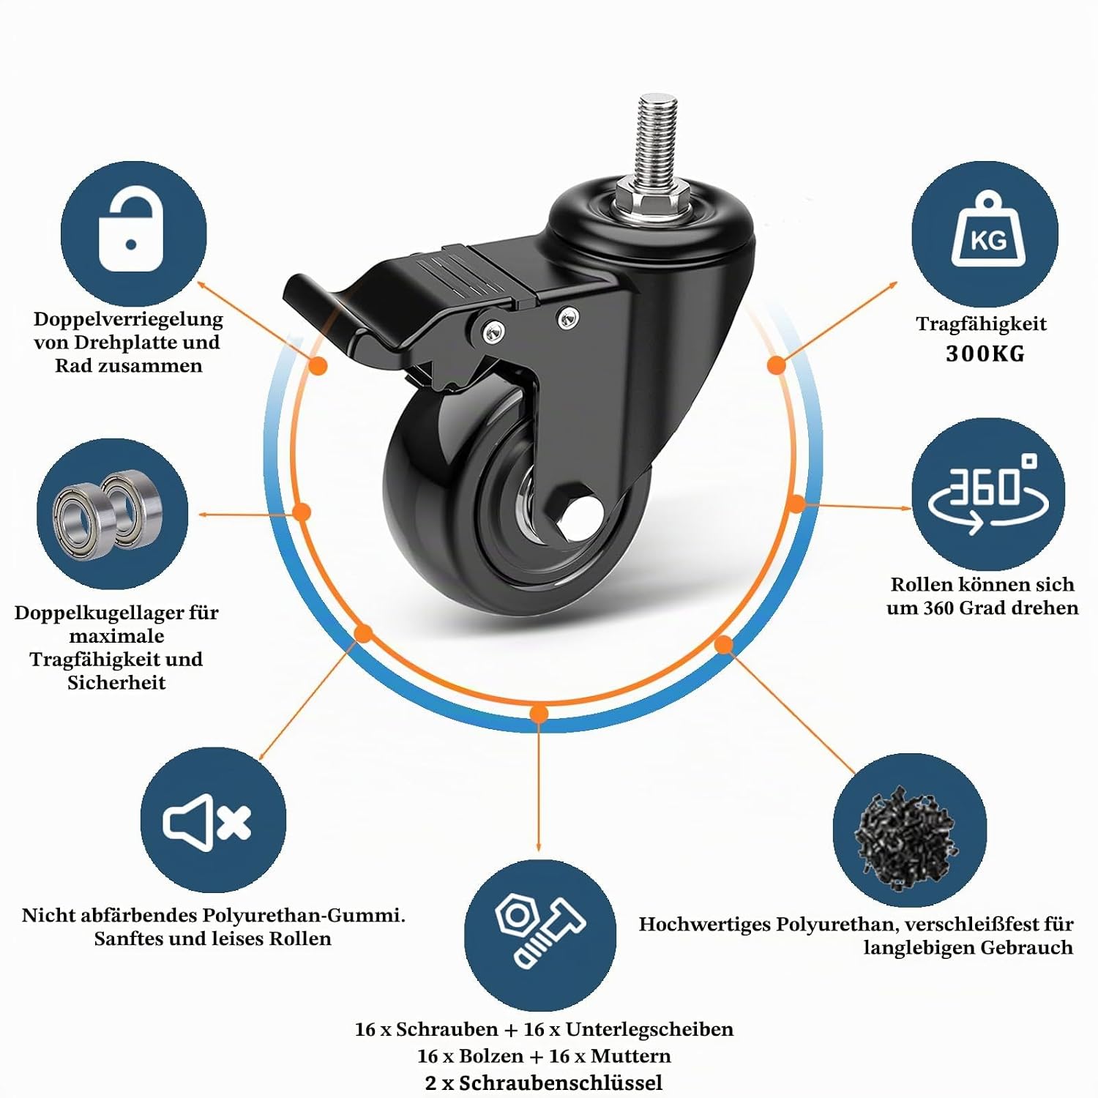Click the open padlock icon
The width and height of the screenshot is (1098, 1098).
(131, 230)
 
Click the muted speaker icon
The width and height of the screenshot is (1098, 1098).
(207, 822)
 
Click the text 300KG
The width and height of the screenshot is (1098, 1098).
(985, 354)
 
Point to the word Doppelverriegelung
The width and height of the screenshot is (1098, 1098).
(128, 319)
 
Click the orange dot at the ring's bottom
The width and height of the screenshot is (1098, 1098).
(539, 713)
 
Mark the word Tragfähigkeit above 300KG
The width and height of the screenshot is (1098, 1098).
(981, 324)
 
